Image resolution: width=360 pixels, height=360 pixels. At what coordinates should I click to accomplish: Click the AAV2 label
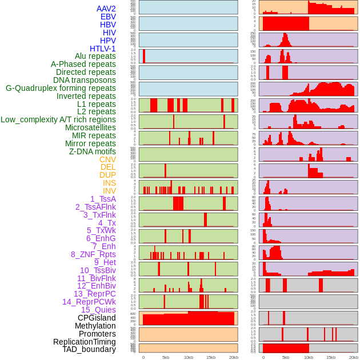click(106, 9)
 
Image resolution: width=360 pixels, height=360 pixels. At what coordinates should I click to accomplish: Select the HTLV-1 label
click(102, 49)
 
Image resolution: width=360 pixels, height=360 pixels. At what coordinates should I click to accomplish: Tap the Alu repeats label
click(95, 56)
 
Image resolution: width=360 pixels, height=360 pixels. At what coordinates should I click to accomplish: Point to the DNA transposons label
click(85, 80)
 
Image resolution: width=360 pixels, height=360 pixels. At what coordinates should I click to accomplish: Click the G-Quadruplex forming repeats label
click(61, 88)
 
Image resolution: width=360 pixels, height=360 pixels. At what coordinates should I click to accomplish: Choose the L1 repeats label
click(96, 104)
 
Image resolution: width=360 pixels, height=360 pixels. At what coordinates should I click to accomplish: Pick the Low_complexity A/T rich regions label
click(58, 119)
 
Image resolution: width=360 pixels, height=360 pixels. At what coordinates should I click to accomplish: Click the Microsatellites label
click(90, 127)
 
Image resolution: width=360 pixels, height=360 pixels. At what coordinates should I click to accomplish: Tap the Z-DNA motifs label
click(92, 151)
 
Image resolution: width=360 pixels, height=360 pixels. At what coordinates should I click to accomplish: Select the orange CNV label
click(107, 159)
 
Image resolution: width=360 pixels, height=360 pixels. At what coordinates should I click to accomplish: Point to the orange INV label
click(109, 191)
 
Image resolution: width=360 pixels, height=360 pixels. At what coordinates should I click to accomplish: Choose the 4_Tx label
click(107, 223)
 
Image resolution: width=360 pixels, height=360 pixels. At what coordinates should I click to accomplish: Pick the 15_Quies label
click(98, 310)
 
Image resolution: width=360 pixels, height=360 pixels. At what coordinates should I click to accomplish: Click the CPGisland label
click(97, 318)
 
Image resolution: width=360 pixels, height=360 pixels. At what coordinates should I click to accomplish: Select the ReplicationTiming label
click(84, 342)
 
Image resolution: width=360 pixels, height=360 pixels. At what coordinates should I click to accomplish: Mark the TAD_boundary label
click(89, 349)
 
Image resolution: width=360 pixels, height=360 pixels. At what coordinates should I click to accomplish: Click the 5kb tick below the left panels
click(166, 357)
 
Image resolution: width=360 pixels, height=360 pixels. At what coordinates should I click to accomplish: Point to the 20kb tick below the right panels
click(354, 357)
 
